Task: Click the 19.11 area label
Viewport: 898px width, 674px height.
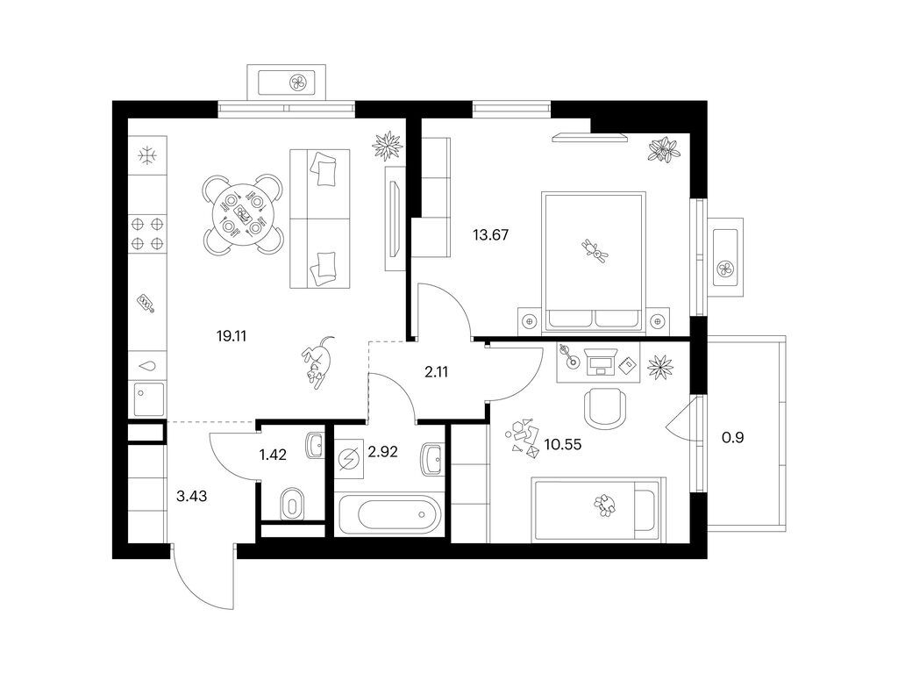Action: pos(232,336)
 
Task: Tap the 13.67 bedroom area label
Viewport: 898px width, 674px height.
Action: pos(491,235)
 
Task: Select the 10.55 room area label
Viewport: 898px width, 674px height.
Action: pos(563,444)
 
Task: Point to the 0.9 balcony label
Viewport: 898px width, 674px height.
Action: pos(733,438)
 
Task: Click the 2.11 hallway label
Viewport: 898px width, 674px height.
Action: pos(437,372)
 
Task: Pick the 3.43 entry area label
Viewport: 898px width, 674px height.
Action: pos(191,497)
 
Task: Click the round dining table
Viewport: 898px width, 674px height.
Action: pos(244,215)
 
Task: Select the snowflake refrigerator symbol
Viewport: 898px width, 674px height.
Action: pos(147,154)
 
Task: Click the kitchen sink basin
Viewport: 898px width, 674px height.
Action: pos(148,399)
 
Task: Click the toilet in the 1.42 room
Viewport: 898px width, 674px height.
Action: pos(292,505)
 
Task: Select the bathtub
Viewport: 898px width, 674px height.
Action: pos(389,514)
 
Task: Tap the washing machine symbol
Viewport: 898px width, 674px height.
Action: pos(348,459)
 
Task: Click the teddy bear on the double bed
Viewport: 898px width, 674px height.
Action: pos(595,251)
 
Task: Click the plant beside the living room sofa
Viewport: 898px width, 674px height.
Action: pos(388,146)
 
